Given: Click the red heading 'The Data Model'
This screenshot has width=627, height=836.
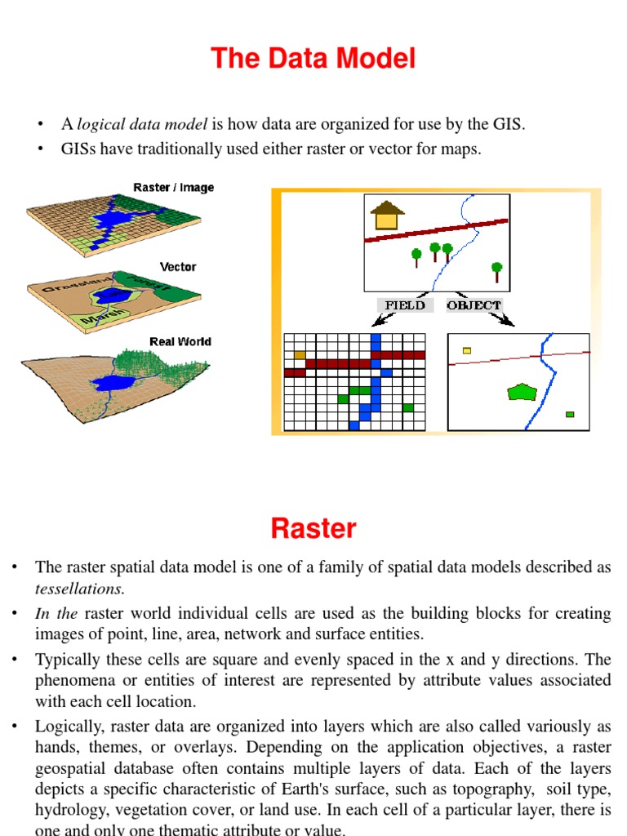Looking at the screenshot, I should coord(313,59).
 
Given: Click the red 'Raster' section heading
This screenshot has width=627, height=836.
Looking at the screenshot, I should coord(313,528).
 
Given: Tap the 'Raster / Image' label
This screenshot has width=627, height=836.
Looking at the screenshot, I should coord(173,188).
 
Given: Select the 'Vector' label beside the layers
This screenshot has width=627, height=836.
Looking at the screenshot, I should coord(178,267).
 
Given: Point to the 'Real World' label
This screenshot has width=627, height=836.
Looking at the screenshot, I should coord(180,341).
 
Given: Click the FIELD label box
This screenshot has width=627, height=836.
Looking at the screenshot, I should coord(405,305).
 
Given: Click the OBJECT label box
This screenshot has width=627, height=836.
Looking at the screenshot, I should coord(474,305).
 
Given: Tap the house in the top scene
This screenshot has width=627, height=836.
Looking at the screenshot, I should coord(387,216).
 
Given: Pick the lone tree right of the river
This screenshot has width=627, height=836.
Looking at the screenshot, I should coord(496,271).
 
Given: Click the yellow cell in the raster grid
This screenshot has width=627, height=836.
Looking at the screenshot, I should coord(300,354).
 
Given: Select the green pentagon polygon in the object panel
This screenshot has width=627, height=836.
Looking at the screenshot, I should coord(520,392).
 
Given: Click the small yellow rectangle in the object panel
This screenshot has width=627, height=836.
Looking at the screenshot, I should coord(467,350).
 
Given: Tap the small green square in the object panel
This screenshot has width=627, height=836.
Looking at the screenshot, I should coord(570,414).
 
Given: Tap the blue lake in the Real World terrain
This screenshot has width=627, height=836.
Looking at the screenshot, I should coord(108,381).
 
